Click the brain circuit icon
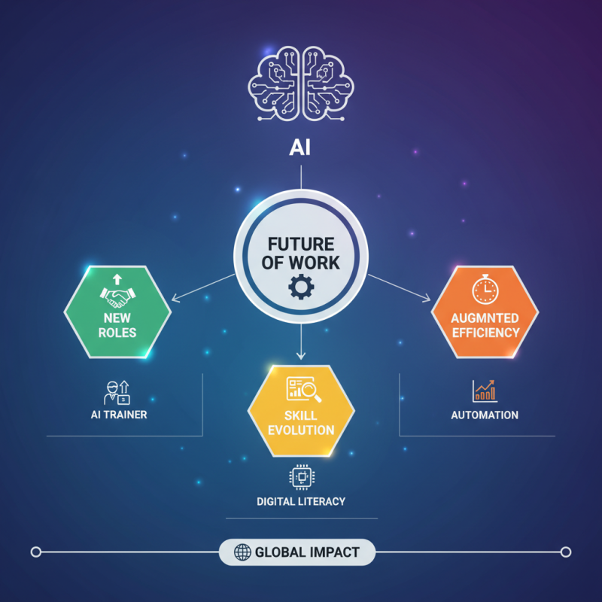pyautogui.click(x=301, y=84)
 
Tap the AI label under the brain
pyautogui.click(x=301, y=147)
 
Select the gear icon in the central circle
pyautogui.click(x=301, y=287)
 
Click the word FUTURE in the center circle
pyautogui.click(x=301, y=245)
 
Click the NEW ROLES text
pyautogui.click(x=117, y=324)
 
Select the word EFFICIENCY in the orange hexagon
pyautogui.click(x=485, y=332)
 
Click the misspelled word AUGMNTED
pyautogui.click(x=485, y=318)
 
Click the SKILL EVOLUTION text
pyautogui.click(x=301, y=423)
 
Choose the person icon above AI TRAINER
pyautogui.click(x=116, y=391)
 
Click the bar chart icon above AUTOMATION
pyautogui.click(x=485, y=391)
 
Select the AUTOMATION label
pyautogui.click(x=485, y=415)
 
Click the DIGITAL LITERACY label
pyautogui.click(x=301, y=501)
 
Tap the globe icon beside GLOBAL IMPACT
pyautogui.click(x=242, y=552)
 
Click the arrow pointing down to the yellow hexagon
pyautogui.click(x=301, y=354)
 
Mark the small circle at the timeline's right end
pyautogui.click(x=566, y=552)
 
